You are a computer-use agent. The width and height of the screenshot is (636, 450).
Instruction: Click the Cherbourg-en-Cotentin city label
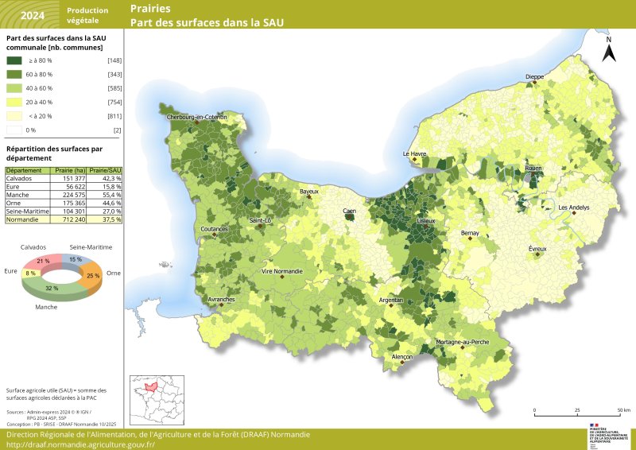[x=197, y=117]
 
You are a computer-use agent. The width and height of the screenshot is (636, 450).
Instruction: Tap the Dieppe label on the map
[x=534, y=77]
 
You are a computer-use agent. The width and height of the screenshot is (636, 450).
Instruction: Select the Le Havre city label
[x=415, y=153]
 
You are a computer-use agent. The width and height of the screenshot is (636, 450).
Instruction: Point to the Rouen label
[x=533, y=169]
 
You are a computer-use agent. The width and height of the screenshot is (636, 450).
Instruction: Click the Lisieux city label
[x=426, y=221]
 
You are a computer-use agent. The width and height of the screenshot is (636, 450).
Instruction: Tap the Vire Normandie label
[x=282, y=271]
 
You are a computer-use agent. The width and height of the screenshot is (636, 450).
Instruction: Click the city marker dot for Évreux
[x=538, y=255]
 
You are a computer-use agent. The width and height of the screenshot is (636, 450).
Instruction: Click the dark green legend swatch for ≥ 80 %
[x=14, y=60]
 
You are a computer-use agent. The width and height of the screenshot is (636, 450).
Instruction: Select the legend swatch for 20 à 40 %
[x=14, y=102]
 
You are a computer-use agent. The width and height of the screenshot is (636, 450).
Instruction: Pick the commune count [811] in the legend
[x=114, y=116]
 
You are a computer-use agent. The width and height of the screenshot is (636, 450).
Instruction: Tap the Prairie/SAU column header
[x=105, y=171]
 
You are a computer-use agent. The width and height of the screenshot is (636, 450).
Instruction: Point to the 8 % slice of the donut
[x=31, y=273]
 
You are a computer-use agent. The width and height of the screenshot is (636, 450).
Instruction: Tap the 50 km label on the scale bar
[x=623, y=410]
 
